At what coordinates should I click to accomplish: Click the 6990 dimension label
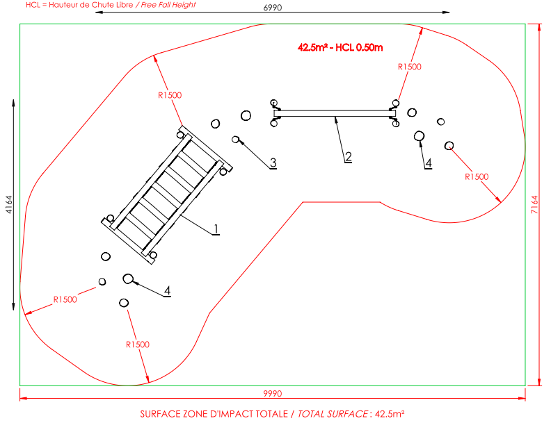tap(272, 8)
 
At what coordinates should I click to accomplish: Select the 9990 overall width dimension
tap(272, 394)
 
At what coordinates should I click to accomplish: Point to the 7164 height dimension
tap(534, 204)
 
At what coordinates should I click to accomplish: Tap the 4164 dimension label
tap(9, 204)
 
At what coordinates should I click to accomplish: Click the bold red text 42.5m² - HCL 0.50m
tap(340, 47)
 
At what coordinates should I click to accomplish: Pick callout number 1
tap(216, 229)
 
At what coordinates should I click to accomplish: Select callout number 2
tap(348, 156)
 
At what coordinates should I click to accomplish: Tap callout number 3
tap(273, 163)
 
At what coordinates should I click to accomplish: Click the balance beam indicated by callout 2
tap(335, 113)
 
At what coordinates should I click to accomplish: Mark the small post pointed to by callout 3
tap(235, 140)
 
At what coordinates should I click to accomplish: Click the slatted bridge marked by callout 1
tap(167, 194)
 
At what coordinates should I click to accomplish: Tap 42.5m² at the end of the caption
tap(390, 414)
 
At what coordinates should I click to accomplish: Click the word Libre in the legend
tap(124, 5)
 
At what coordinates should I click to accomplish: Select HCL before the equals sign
tap(33, 5)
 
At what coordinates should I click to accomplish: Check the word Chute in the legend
tap(102, 5)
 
